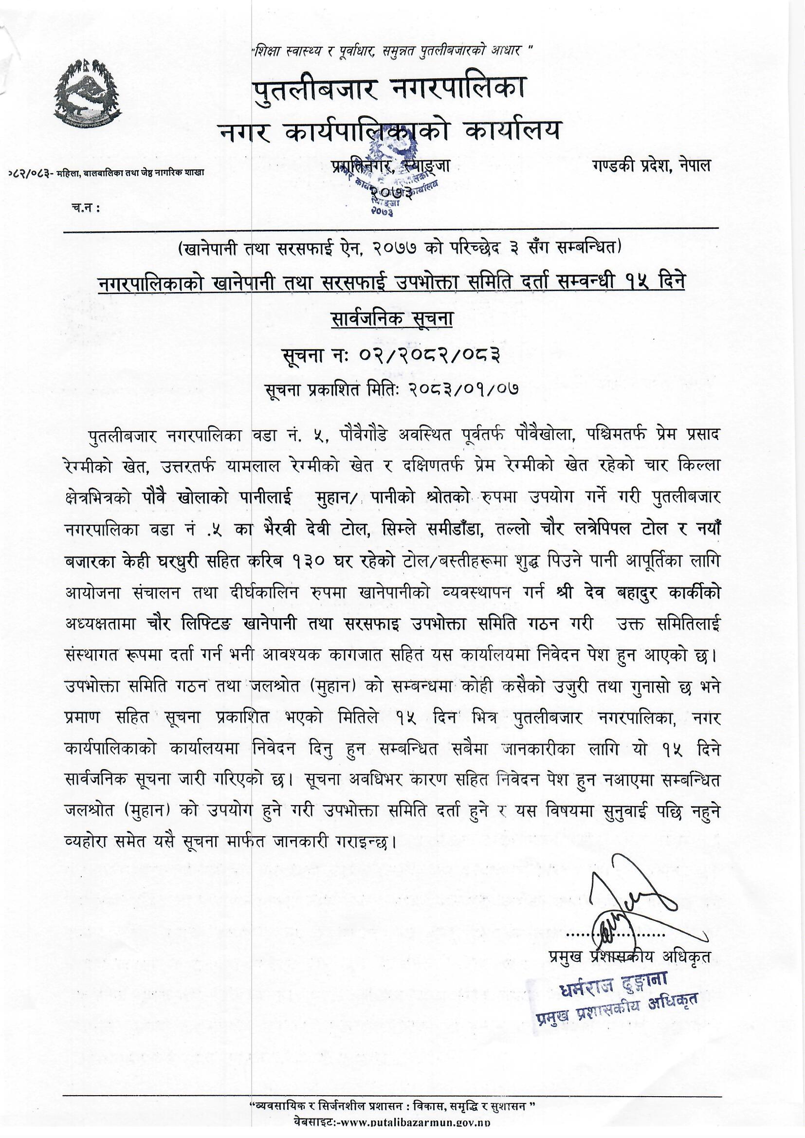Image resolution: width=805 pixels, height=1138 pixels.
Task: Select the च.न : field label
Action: tap(85, 209)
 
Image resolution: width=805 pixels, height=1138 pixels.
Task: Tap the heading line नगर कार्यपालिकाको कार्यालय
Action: tap(389, 131)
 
